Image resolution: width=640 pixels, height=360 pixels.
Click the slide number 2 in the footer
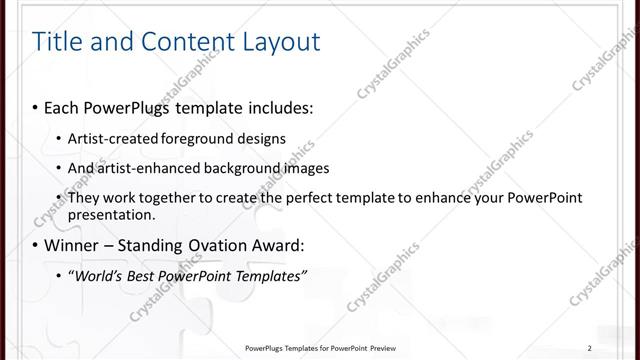click(589, 348)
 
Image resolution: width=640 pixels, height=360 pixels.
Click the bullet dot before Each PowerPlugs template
click(35, 106)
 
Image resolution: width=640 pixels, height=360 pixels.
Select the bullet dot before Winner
click(35, 245)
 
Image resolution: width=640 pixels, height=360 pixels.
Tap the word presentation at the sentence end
click(110, 214)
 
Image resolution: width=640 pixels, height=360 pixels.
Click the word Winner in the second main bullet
click(71, 245)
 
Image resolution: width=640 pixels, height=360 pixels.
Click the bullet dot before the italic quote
click(58, 276)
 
